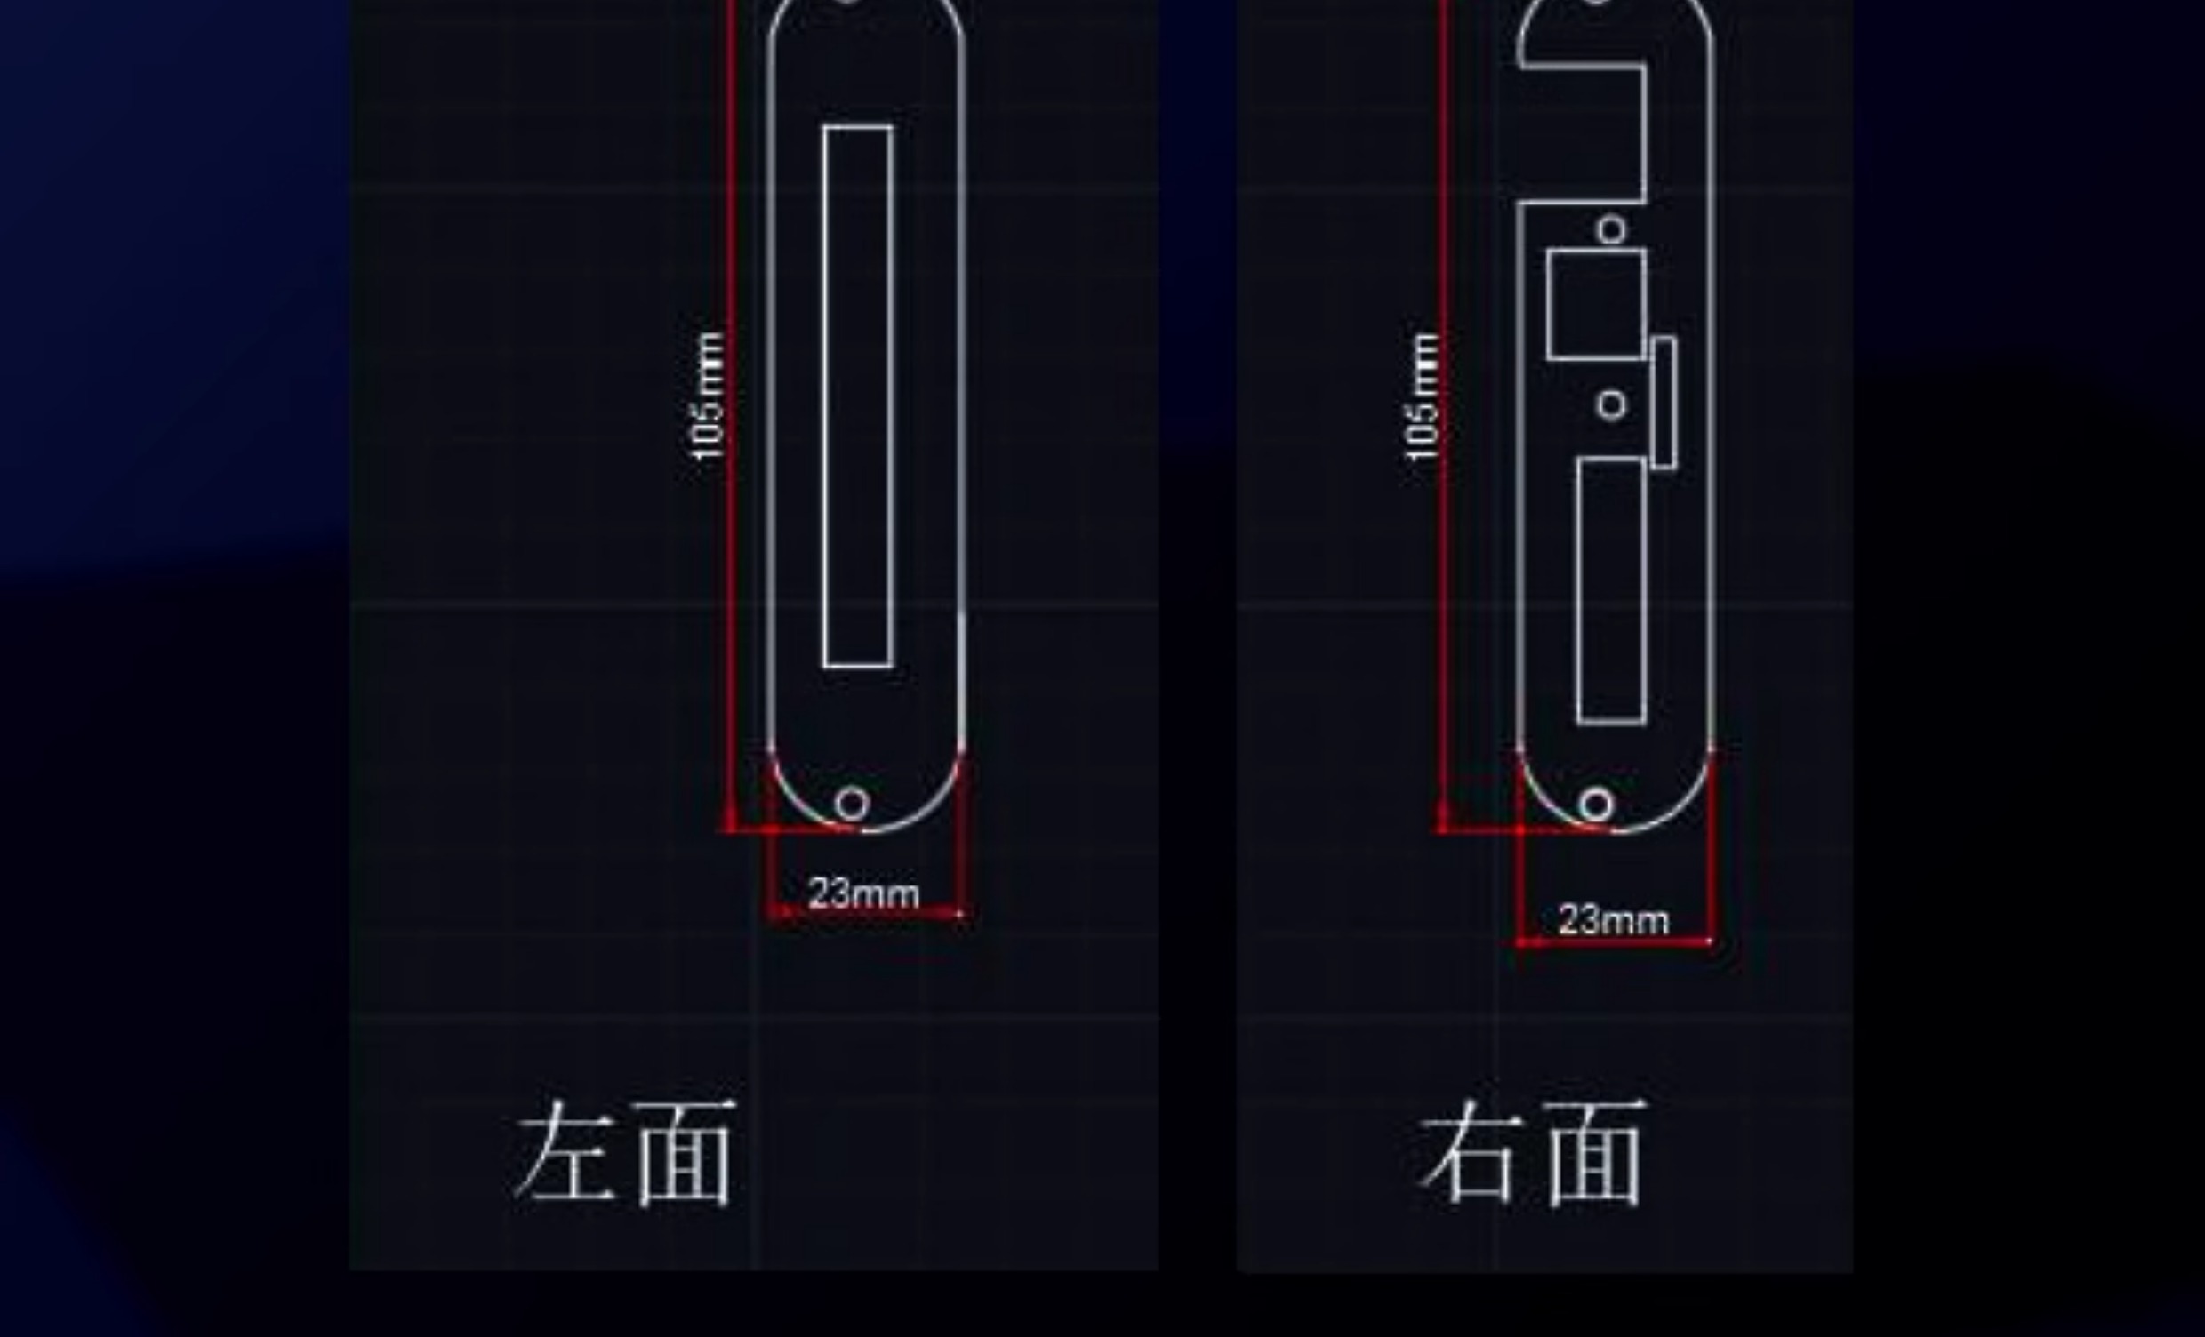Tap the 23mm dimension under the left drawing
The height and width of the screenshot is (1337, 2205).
(863, 894)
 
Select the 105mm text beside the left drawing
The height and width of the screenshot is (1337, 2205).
(708, 396)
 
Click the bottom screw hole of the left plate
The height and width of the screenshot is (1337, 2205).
(852, 804)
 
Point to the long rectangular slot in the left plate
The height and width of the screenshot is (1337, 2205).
(857, 396)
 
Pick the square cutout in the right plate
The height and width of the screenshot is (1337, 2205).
(1597, 305)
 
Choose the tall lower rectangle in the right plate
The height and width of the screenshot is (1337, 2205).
(1611, 590)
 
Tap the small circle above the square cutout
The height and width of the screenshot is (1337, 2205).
(1612, 230)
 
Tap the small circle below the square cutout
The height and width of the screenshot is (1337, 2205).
(1612, 405)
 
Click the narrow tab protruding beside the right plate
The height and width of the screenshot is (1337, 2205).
(1664, 403)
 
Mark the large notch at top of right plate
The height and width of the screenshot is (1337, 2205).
(1584, 134)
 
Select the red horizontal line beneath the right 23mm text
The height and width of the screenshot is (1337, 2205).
(1614, 942)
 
